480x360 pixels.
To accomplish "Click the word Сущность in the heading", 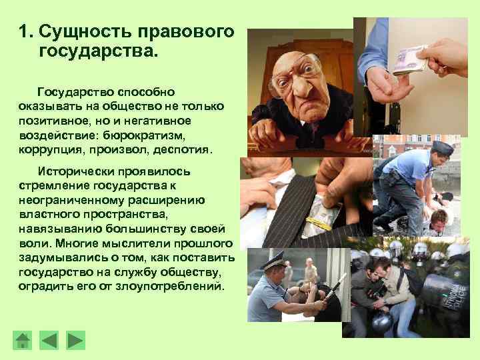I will point(79,31).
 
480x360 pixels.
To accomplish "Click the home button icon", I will point(23,341).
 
